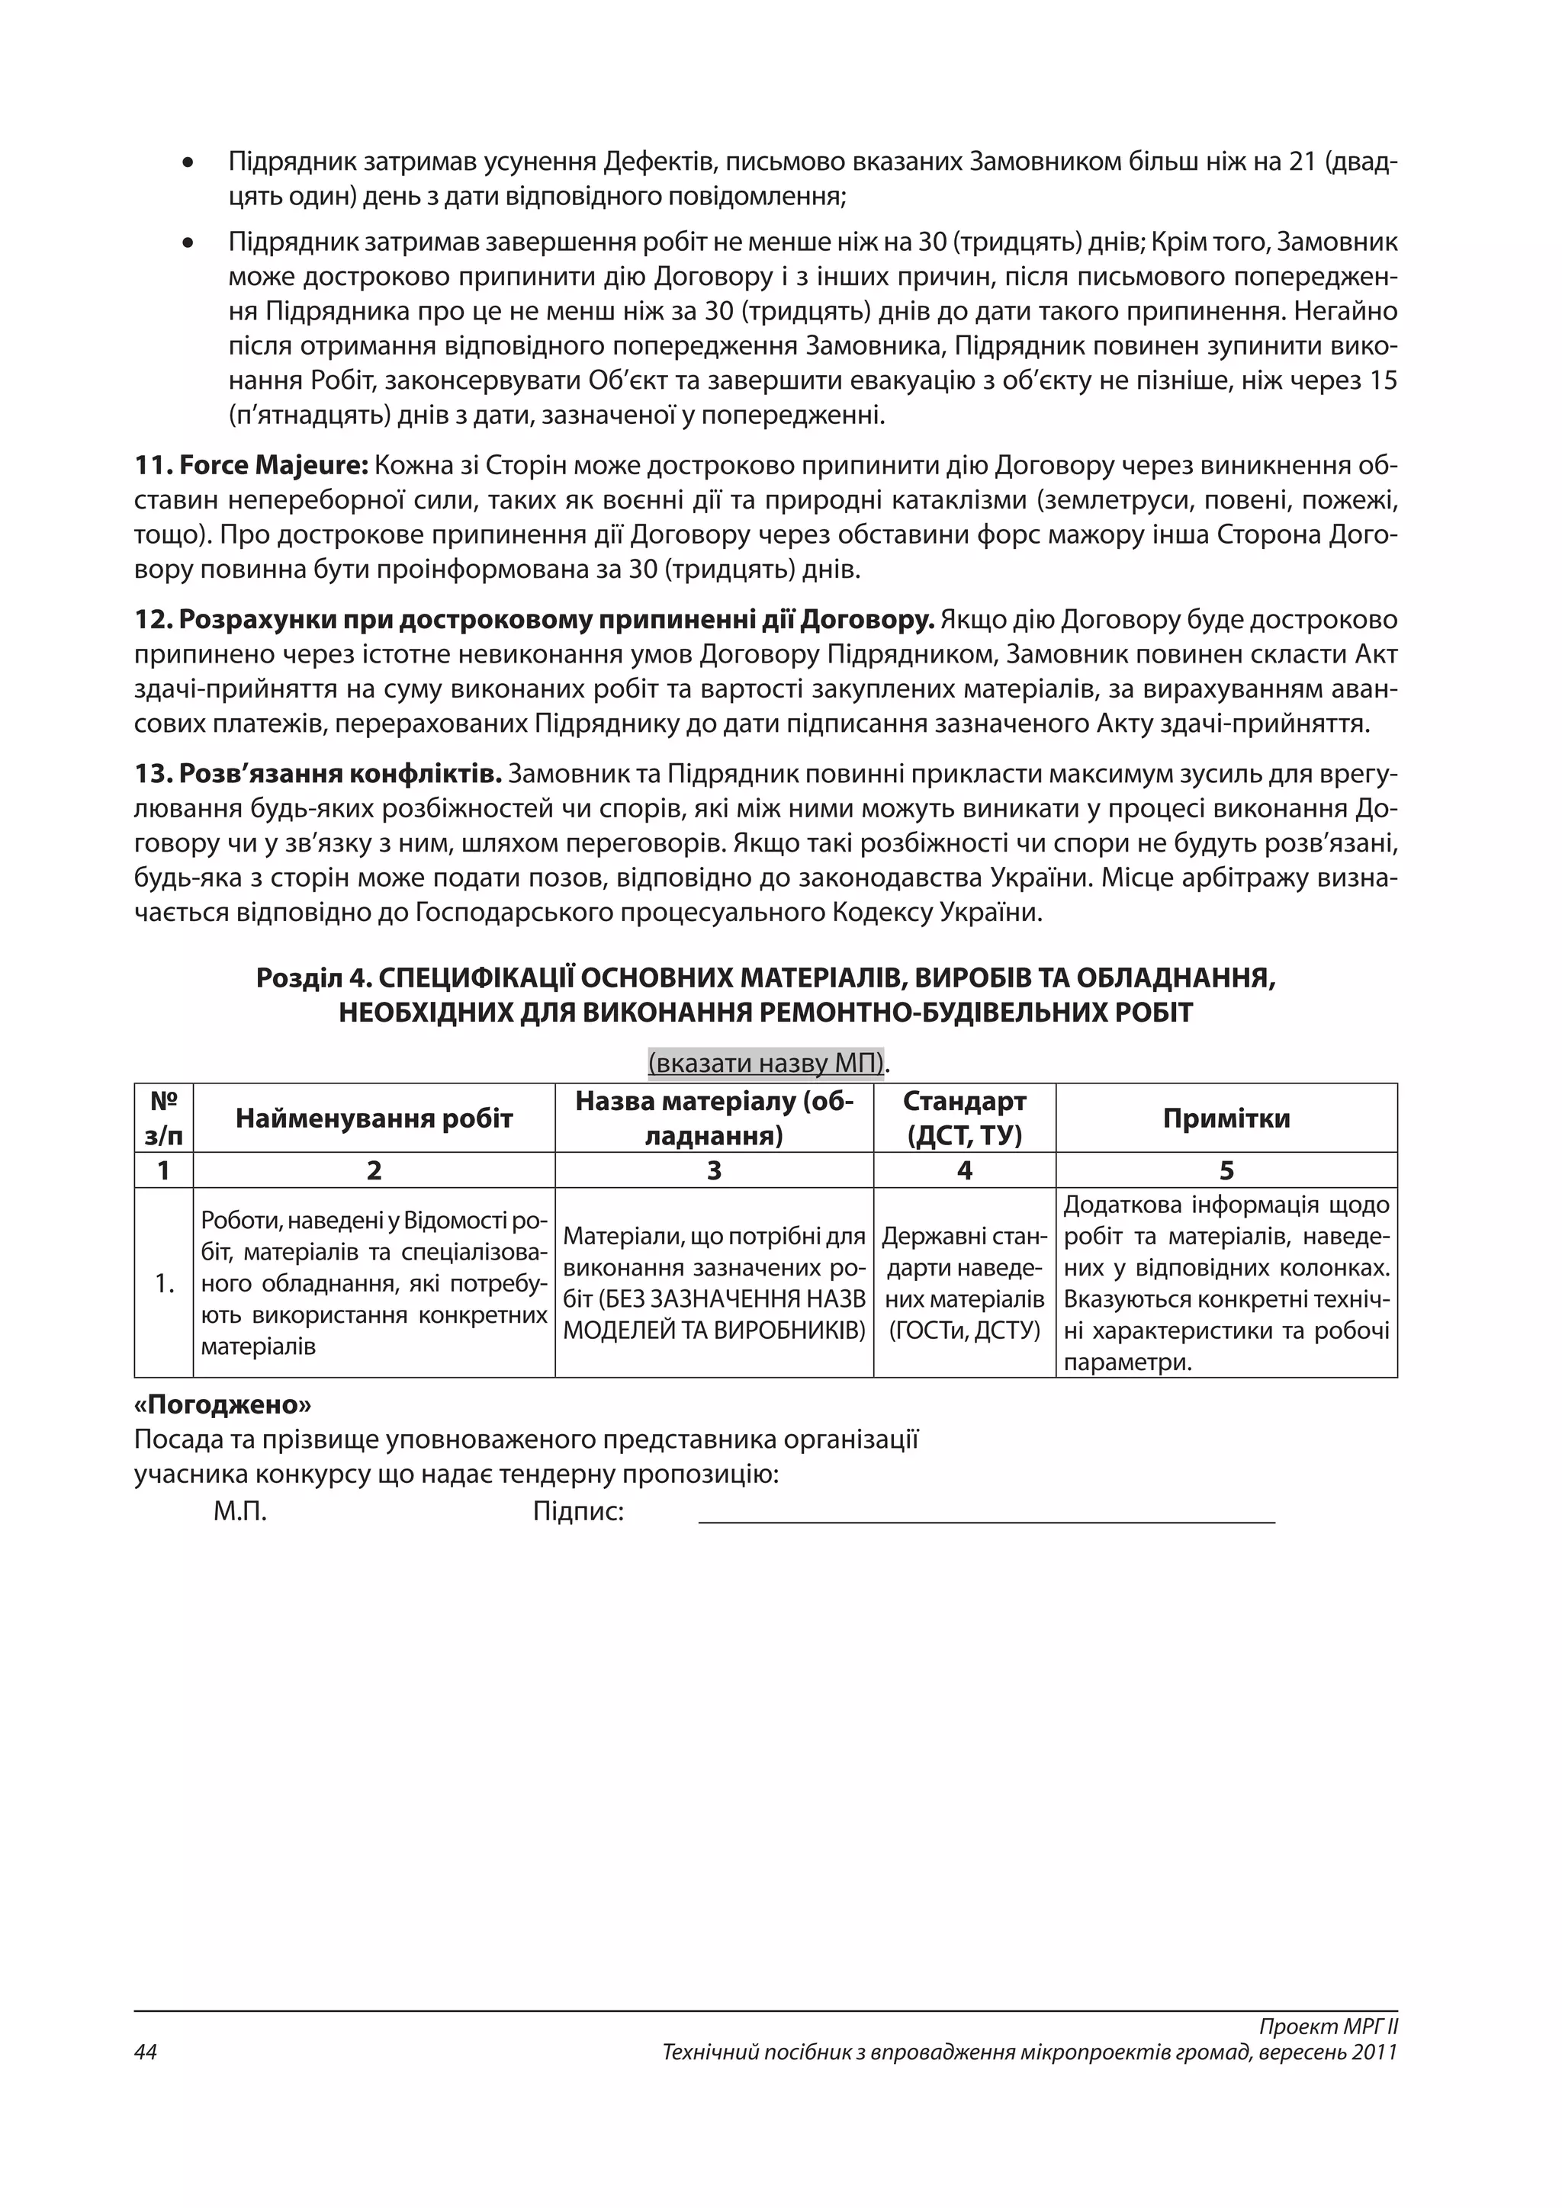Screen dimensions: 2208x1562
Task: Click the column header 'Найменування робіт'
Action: [x=374, y=1118]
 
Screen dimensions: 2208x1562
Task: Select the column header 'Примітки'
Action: [x=1226, y=1118]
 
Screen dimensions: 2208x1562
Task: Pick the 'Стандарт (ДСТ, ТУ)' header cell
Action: [x=964, y=1118]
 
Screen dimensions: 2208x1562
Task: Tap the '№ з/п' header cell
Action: [x=163, y=1118]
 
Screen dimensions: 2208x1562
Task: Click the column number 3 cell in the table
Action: [x=714, y=1170]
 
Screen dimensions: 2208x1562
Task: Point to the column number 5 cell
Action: [x=1226, y=1170]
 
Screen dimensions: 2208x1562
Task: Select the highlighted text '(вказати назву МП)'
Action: [x=766, y=1064]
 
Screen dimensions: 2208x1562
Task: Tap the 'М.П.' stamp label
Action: [x=239, y=1512]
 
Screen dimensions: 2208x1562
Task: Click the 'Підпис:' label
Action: [x=578, y=1512]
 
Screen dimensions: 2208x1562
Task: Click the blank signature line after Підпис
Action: [x=986, y=1520]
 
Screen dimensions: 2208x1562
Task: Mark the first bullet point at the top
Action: [x=188, y=162]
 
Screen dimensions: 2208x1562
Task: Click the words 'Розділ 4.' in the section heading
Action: [x=313, y=978]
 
